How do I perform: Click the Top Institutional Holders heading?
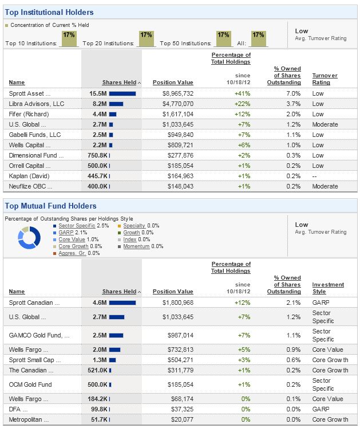click(49, 12)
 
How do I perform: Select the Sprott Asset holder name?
click(30, 93)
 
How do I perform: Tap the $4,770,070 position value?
click(177, 104)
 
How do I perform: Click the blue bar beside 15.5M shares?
click(122, 93)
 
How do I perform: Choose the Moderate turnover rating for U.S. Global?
click(325, 124)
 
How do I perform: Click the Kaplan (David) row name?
click(29, 176)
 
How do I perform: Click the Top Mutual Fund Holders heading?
click(50, 206)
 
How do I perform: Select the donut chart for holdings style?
click(29, 238)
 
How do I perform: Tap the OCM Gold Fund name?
click(30, 384)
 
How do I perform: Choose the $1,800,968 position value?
click(177, 302)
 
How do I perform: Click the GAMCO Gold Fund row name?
click(39, 335)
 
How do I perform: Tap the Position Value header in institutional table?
click(173, 83)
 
